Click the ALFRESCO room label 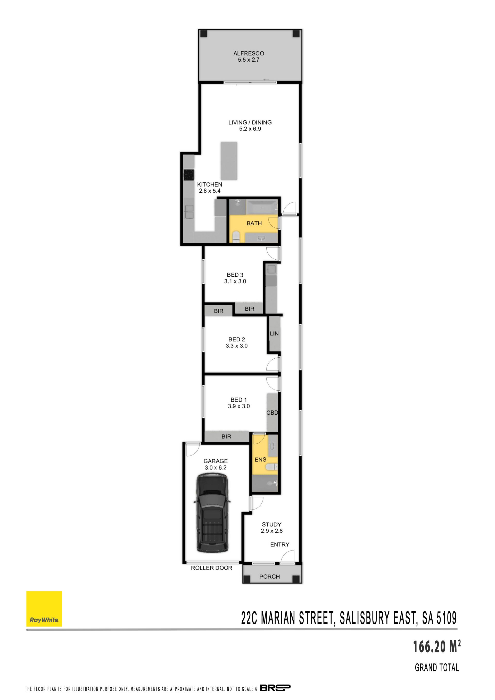[249, 53]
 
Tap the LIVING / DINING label [250, 122]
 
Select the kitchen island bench [229, 161]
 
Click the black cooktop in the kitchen [189, 175]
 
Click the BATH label [254, 224]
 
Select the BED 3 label [235, 275]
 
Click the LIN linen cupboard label [274, 334]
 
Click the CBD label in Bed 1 [272, 413]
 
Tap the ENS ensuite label [261, 459]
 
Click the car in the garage [212, 513]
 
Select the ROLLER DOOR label [211, 568]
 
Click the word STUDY [271, 524]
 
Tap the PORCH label [269, 577]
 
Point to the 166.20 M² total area [436, 647]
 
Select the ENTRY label [280, 545]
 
